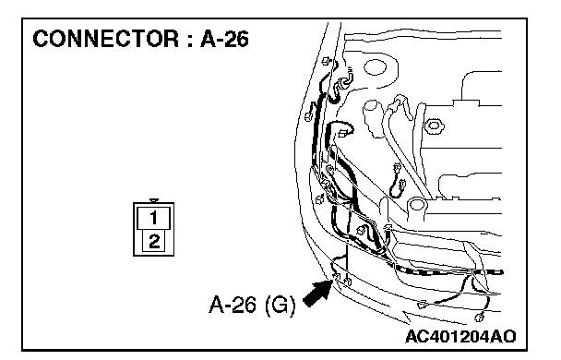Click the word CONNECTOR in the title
click(105, 39)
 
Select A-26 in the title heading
click(224, 39)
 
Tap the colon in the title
click(189, 41)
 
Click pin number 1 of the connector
click(153, 218)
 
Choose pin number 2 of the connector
click(154, 241)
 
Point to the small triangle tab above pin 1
click(154, 200)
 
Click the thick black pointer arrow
click(318, 294)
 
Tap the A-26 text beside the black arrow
click(233, 305)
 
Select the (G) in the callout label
click(280, 306)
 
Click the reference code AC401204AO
click(460, 336)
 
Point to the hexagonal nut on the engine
click(434, 126)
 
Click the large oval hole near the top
click(375, 67)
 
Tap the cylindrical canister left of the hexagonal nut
click(372, 118)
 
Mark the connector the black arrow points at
click(336, 276)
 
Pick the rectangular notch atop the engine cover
click(466, 102)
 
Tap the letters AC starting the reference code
click(416, 336)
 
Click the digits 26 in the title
click(237, 39)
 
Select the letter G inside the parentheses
click(280, 306)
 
